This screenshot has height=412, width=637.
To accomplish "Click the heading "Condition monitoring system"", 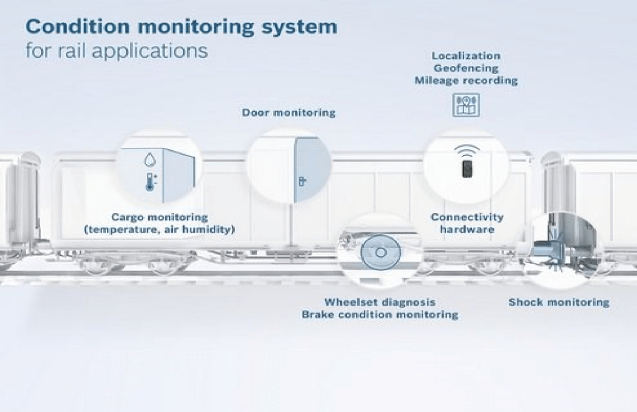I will [x=181, y=27].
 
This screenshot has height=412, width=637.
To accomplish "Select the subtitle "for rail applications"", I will [x=116, y=50].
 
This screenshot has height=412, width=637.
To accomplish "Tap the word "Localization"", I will [x=466, y=56].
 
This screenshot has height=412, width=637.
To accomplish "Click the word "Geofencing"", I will [x=466, y=68].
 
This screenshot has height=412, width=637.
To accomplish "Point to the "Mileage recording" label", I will [x=466, y=81].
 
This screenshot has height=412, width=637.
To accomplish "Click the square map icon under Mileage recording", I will [x=466, y=104].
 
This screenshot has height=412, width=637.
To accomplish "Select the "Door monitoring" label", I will [x=289, y=112].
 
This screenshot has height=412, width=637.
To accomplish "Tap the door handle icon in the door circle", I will [x=302, y=181].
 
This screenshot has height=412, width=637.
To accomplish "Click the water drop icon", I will [x=149, y=160].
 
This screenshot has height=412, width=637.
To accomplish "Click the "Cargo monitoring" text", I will [x=159, y=217].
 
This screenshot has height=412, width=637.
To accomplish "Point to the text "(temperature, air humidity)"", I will [x=159, y=230].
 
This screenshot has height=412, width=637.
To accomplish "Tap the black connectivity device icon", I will [x=467, y=168].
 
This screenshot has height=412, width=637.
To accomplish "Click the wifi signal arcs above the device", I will [x=467, y=150].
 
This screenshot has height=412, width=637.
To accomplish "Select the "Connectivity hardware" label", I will [x=467, y=224].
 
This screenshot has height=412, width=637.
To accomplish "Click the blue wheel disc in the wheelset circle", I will [x=379, y=254].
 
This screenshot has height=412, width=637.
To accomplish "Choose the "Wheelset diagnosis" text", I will [x=379, y=303].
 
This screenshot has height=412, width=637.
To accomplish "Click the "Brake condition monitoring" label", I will [x=379, y=315].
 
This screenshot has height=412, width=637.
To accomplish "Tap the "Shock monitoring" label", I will [x=559, y=303].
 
